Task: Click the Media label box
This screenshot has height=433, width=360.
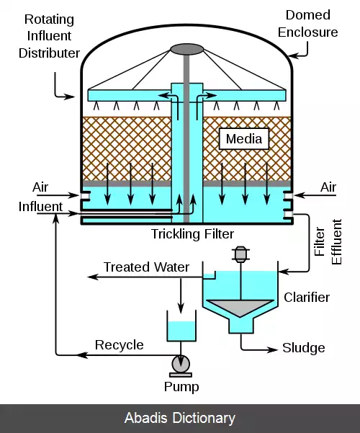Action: [244, 138]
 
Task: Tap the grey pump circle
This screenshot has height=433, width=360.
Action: [181, 365]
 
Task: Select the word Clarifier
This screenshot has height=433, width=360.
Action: [307, 298]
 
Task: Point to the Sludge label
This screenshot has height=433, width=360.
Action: [303, 348]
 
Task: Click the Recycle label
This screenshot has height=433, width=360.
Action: [120, 345]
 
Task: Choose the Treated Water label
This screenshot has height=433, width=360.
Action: [146, 267]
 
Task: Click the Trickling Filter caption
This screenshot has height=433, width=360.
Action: [192, 234]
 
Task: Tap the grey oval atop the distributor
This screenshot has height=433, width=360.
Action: [187, 50]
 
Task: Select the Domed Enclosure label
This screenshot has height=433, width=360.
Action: [308, 24]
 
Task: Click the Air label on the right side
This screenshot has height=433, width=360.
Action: [328, 187]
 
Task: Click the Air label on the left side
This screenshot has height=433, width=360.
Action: [40, 187]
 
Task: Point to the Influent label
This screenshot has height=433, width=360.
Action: [40, 207]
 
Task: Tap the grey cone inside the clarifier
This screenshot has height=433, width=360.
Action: [240, 307]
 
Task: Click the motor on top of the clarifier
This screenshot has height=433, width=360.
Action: [240, 254]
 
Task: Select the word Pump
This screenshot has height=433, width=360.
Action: [181, 387]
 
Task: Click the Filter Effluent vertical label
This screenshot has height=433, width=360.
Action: [328, 242]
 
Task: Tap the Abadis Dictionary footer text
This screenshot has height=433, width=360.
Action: [180, 418]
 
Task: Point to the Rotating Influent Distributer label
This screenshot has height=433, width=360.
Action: [49, 36]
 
